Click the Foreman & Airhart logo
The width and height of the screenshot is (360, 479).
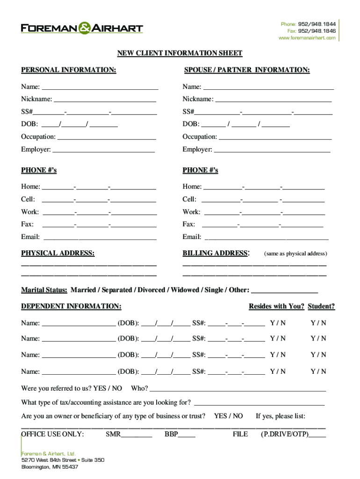point(82,28)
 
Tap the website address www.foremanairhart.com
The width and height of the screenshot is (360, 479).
point(307,38)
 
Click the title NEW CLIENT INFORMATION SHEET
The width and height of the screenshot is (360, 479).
point(180,53)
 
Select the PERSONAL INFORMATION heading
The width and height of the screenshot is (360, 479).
point(69,70)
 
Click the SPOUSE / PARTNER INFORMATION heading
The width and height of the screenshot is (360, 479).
point(247,70)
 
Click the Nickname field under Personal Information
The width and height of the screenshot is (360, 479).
point(105,100)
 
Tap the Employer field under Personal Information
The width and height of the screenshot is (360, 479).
point(104,150)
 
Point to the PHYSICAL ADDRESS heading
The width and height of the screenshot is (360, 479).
point(58,254)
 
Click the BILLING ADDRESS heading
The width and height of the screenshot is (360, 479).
point(215,254)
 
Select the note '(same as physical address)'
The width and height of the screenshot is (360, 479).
point(295,254)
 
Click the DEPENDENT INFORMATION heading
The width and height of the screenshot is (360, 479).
point(71,306)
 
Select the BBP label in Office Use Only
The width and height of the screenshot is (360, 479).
point(171,434)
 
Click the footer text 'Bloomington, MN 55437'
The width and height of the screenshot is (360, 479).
point(50,467)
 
